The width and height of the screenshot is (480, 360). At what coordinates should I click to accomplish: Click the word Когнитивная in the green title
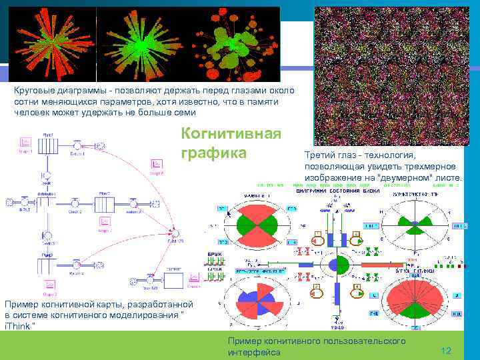click(x=231, y=134)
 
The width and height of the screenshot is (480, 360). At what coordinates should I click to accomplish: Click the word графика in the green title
click(x=213, y=154)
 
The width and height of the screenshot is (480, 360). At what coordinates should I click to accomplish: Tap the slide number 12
click(x=446, y=351)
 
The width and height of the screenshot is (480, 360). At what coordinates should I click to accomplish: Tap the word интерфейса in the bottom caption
click(x=254, y=351)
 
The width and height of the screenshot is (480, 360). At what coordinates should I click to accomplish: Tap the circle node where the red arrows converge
click(x=175, y=232)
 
